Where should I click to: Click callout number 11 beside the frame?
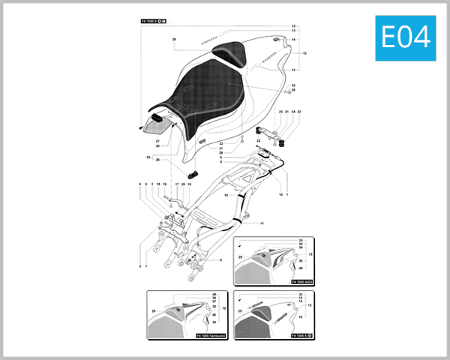[x=262, y=223]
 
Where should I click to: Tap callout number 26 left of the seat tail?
[x=157, y=160]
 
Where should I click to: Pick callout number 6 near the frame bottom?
[x=221, y=259]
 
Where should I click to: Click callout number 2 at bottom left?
[x=139, y=265]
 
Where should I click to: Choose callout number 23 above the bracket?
[x=280, y=112]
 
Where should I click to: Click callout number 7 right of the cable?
[x=286, y=194]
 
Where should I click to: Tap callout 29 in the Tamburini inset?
[x=154, y=310]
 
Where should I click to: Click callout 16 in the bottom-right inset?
[x=301, y=317]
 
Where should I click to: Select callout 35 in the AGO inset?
[x=301, y=261]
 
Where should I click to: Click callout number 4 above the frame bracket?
[x=139, y=184]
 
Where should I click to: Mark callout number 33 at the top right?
[x=294, y=25]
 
